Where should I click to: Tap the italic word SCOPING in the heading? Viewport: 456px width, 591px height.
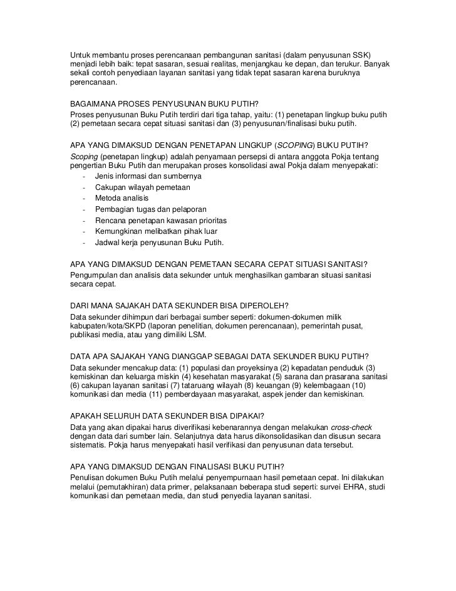tap(298, 146)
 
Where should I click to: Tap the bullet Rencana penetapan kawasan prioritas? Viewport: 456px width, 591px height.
tap(161, 221)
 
